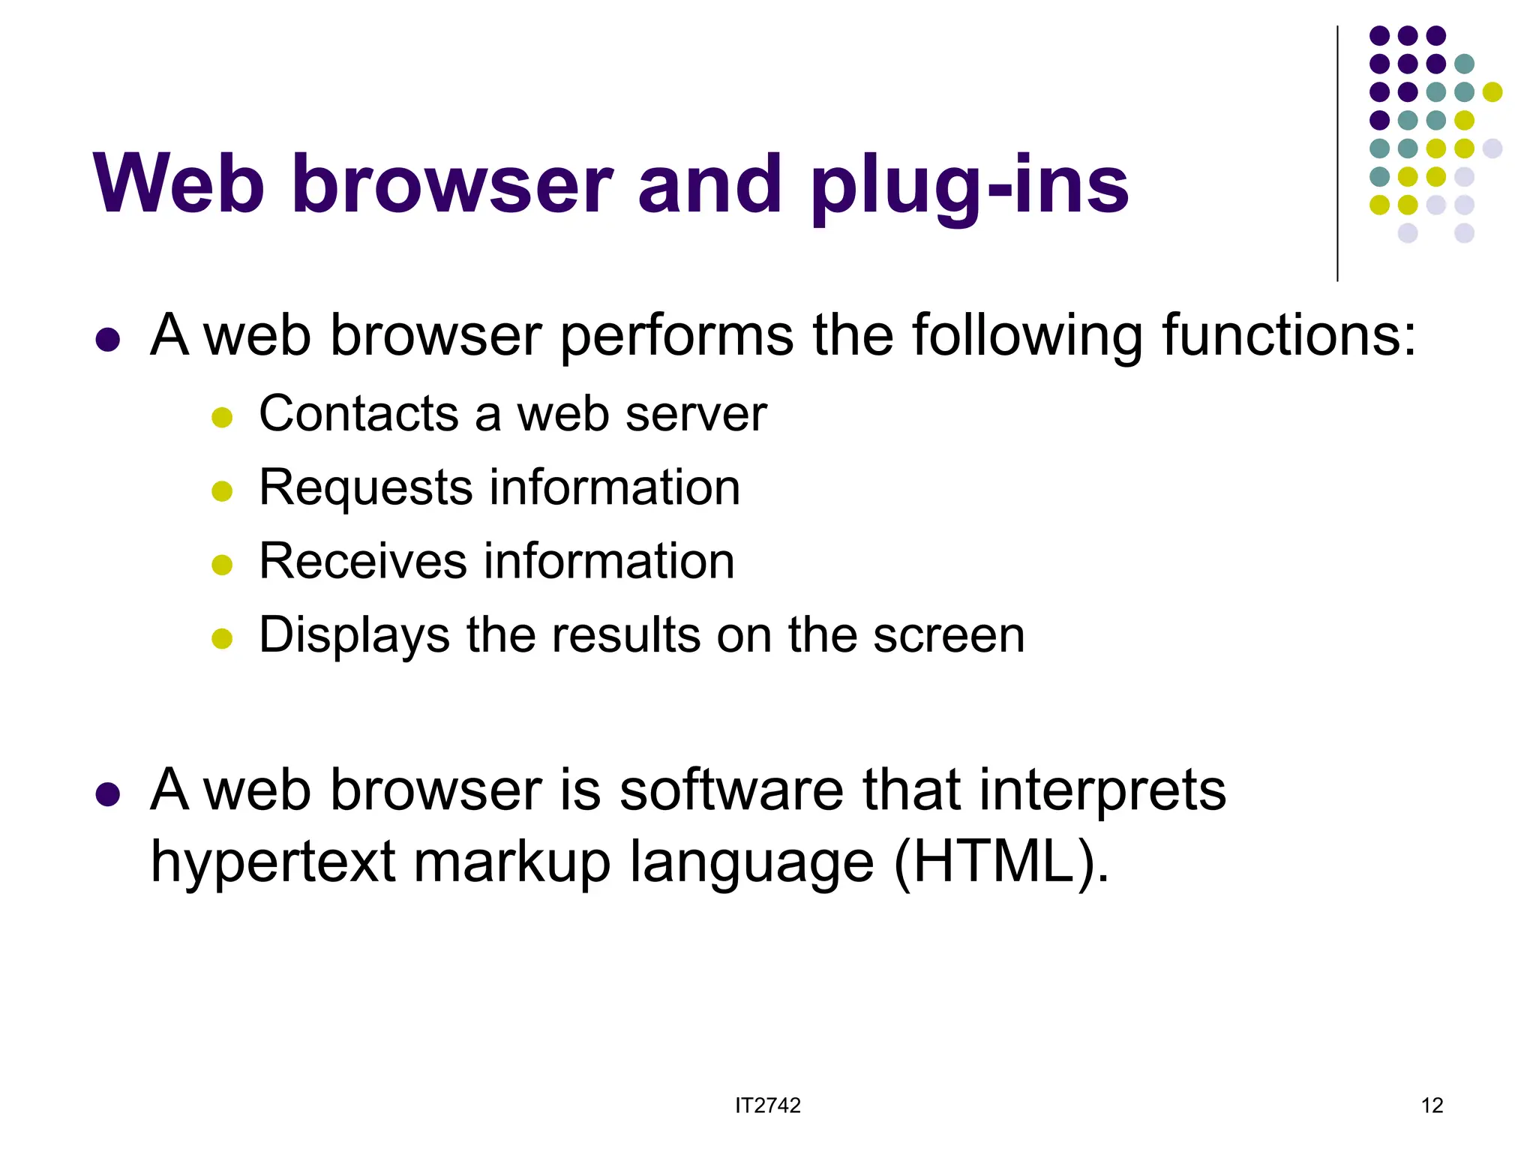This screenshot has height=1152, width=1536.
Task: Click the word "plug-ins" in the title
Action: click(x=969, y=186)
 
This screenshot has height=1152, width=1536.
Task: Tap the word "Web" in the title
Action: click(x=178, y=184)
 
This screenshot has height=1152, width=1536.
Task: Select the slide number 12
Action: click(x=1431, y=1105)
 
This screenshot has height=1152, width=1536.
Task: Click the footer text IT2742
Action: click(x=767, y=1105)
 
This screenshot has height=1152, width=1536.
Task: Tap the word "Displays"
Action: click(x=354, y=636)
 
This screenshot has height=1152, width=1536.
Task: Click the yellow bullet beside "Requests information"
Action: click(x=222, y=491)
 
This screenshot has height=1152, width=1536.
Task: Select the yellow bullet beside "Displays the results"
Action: click(x=222, y=639)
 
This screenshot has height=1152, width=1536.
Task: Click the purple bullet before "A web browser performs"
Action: click(x=108, y=340)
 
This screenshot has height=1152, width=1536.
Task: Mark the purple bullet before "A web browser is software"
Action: click(x=108, y=794)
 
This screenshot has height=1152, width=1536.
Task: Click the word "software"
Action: click(x=731, y=790)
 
